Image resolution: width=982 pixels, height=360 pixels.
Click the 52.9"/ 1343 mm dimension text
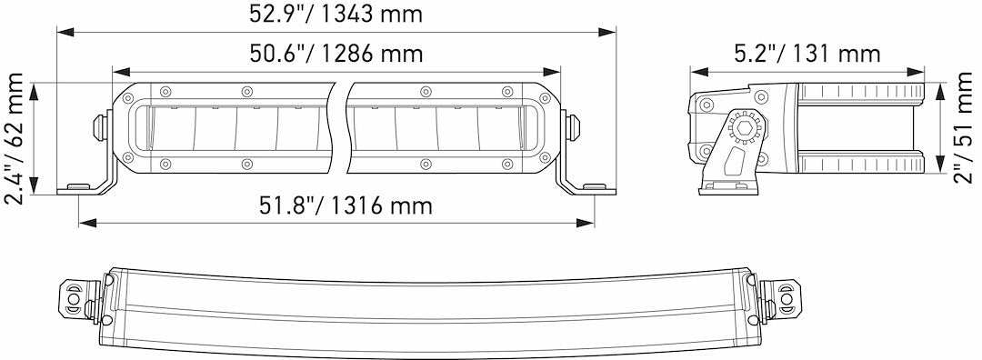click(x=336, y=15)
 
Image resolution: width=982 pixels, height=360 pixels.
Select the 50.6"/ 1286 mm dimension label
click(x=336, y=54)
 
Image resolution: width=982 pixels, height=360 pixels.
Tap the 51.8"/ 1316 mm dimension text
click(x=336, y=205)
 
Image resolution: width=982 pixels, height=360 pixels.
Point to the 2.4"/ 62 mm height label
click(x=15, y=138)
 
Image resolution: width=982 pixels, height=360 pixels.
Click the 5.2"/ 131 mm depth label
click(x=807, y=54)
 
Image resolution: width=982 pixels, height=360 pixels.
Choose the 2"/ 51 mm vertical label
click(x=962, y=128)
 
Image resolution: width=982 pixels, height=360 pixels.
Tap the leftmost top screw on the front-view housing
click(x=165, y=91)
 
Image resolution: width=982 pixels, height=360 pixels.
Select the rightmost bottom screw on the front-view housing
click(x=506, y=164)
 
